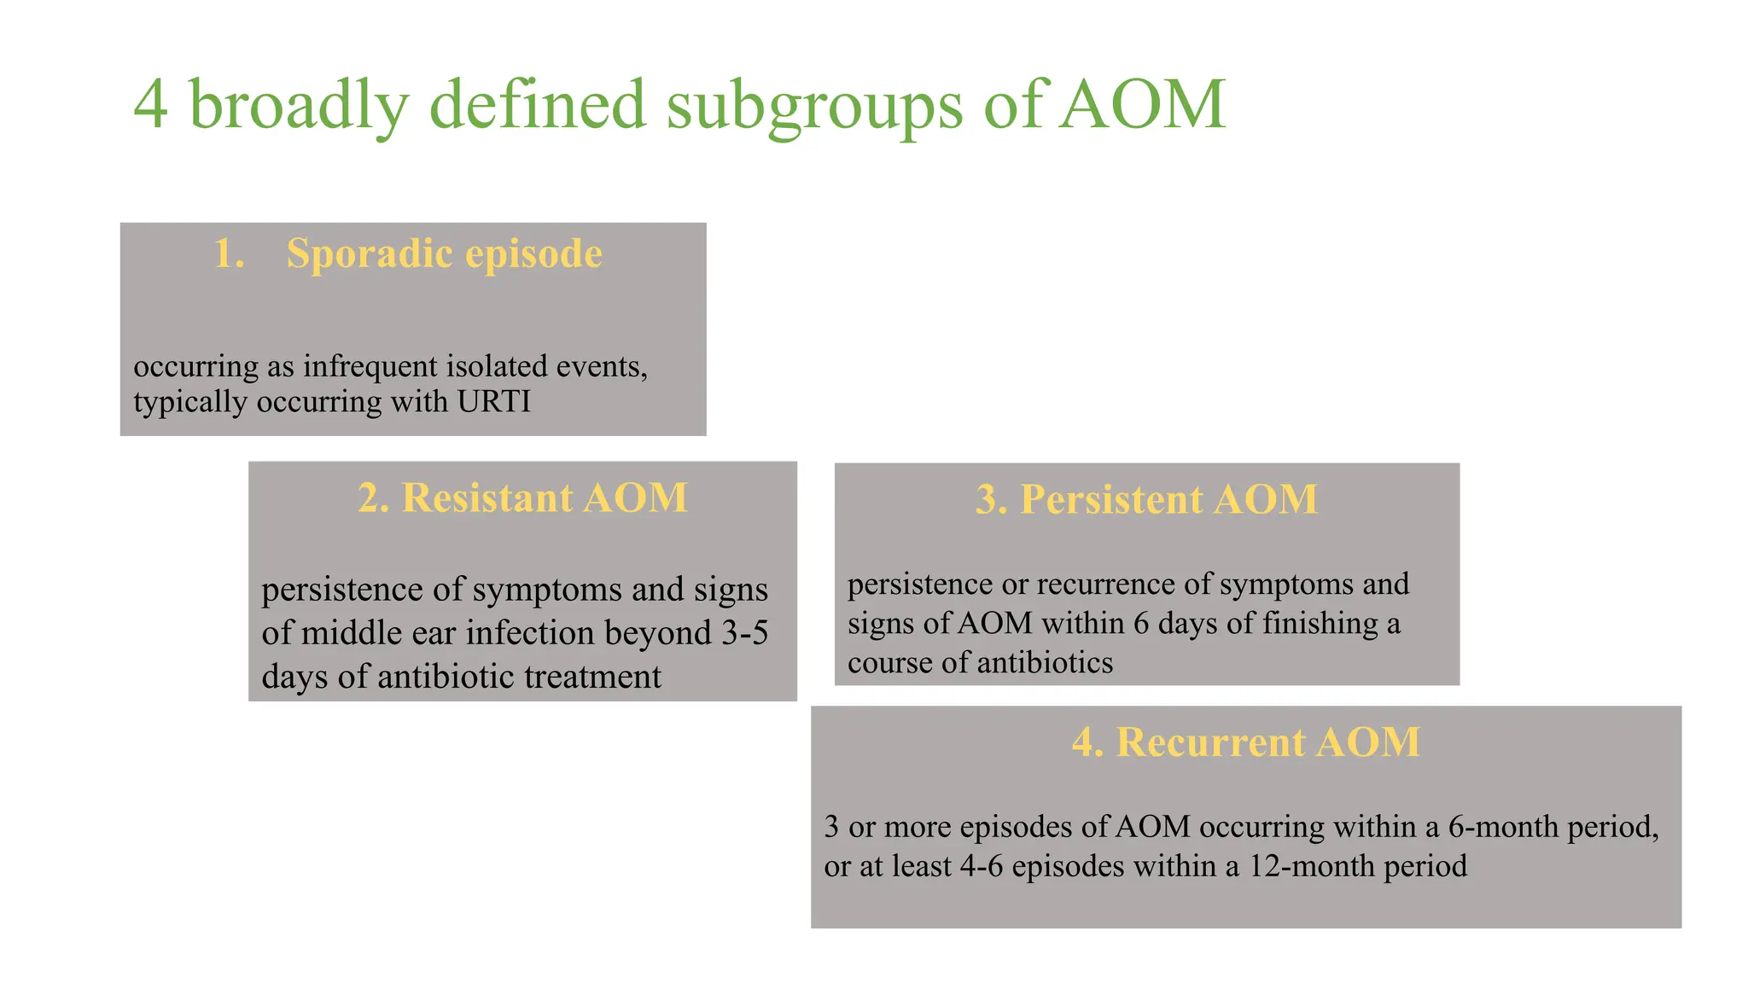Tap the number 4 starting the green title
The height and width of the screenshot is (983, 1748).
(x=151, y=105)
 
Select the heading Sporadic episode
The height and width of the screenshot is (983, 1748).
(x=444, y=253)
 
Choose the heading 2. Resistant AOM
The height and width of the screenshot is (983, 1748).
(x=522, y=497)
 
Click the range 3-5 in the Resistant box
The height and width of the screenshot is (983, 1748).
(x=745, y=633)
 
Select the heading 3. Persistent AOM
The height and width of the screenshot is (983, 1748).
(x=1146, y=499)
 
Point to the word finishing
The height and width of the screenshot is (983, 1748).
(x=1320, y=623)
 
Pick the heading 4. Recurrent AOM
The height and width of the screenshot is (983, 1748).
(x=1245, y=742)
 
